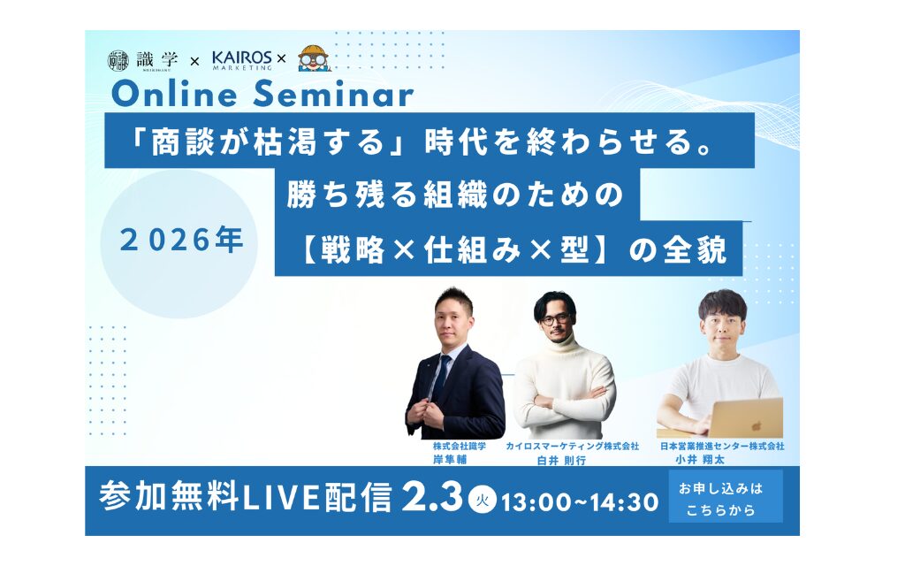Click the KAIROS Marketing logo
[x=242, y=59]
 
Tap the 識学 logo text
[x=157, y=59]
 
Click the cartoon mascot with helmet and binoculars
[x=314, y=57]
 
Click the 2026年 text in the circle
[x=180, y=240]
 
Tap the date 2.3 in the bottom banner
[x=433, y=498]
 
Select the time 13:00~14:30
[x=580, y=502]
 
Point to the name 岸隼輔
[x=450, y=460]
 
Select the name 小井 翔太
[x=700, y=460]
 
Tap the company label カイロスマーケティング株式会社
[x=573, y=447]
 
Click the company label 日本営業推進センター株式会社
[x=723, y=447]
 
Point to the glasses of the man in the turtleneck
[x=556, y=318]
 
